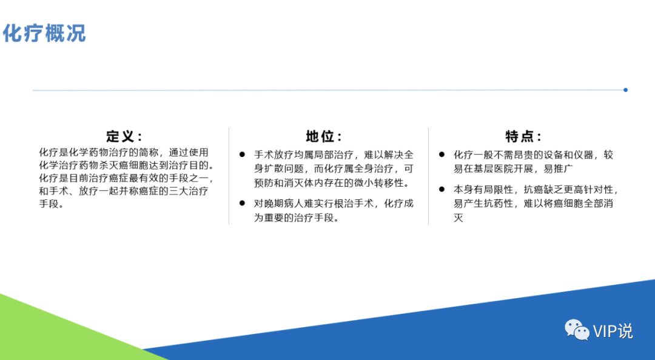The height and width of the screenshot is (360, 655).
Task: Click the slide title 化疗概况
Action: click(44, 33)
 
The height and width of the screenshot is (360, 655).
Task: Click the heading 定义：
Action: click(124, 136)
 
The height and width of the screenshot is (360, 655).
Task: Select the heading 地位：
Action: click(323, 136)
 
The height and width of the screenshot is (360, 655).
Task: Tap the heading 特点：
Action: click(523, 136)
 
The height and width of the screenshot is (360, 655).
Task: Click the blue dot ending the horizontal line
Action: click(625, 90)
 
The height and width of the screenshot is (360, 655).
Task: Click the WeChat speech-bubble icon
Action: click(577, 330)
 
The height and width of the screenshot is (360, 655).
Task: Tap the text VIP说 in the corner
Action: click(613, 331)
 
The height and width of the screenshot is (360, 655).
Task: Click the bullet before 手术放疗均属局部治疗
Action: click(242, 155)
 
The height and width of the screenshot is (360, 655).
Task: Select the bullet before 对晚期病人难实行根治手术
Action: click(242, 204)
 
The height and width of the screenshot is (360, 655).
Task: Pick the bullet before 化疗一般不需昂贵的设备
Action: click(442, 155)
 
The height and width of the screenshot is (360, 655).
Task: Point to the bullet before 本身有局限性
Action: click(442, 189)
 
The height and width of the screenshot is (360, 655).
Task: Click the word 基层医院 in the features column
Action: click(489, 168)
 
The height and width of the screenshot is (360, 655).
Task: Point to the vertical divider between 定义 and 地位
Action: click(229, 176)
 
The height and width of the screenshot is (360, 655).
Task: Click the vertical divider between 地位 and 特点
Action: click(428, 176)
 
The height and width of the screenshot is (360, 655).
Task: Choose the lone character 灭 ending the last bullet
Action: click(458, 218)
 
